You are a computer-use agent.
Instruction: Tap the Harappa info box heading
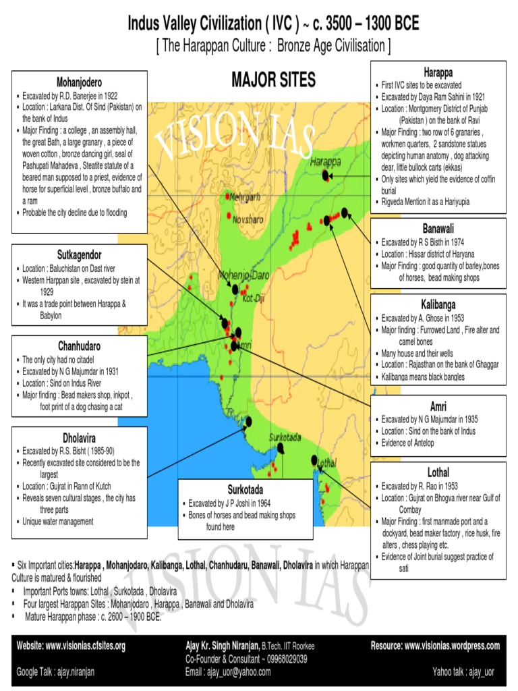click(x=438, y=71)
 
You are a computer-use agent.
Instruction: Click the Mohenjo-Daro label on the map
click(x=243, y=276)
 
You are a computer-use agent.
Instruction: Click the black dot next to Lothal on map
click(x=314, y=460)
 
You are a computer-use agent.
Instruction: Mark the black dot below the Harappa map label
click(x=326, y=175)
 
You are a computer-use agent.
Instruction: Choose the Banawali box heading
click(x=438, y=228)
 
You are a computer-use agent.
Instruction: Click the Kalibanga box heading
click(x=438, y=304)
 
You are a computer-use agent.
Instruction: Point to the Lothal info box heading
click(x=438, y=472)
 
